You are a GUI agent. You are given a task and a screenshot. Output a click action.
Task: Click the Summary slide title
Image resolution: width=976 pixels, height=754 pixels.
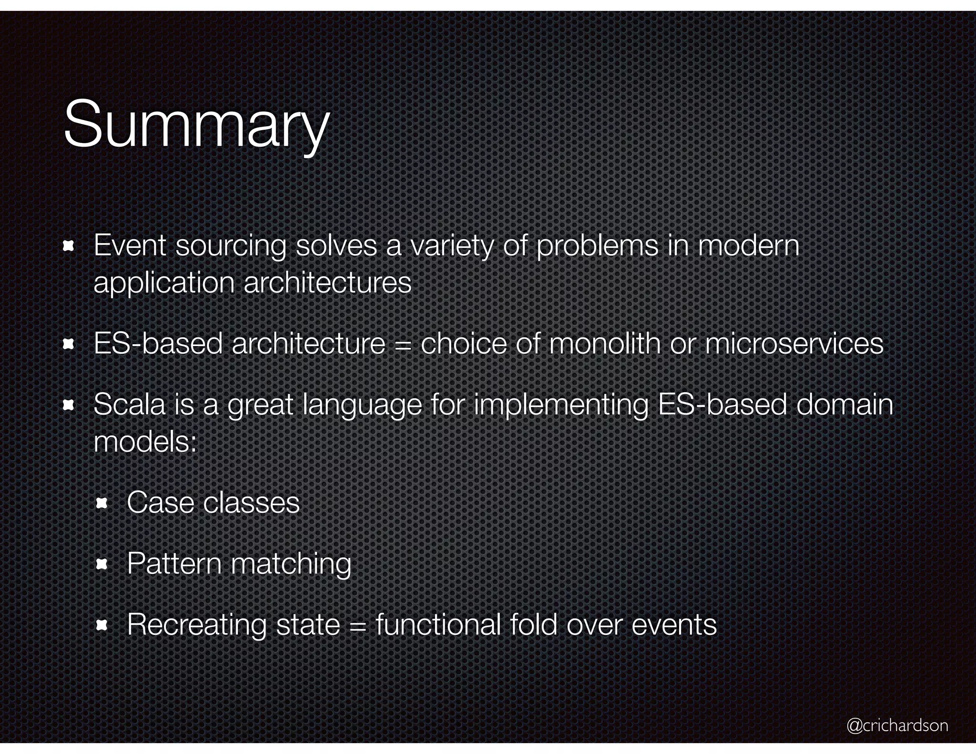(196, 125)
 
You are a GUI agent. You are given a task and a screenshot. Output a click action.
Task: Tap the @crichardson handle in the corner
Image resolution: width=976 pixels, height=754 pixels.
(897, 725)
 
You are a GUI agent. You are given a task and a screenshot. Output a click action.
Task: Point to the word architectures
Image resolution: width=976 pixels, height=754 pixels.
(327, 283)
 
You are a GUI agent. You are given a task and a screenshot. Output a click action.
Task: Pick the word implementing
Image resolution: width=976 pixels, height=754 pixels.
(560, 406)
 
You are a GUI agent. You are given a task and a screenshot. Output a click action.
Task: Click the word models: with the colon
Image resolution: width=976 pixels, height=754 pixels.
(145, 442)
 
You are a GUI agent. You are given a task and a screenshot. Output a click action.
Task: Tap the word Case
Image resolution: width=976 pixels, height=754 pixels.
(160, 502)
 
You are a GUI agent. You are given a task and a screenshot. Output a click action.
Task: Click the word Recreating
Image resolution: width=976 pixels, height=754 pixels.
(196, 625)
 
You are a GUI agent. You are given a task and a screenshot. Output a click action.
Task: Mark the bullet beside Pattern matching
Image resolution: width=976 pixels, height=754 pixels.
(102, 565)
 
